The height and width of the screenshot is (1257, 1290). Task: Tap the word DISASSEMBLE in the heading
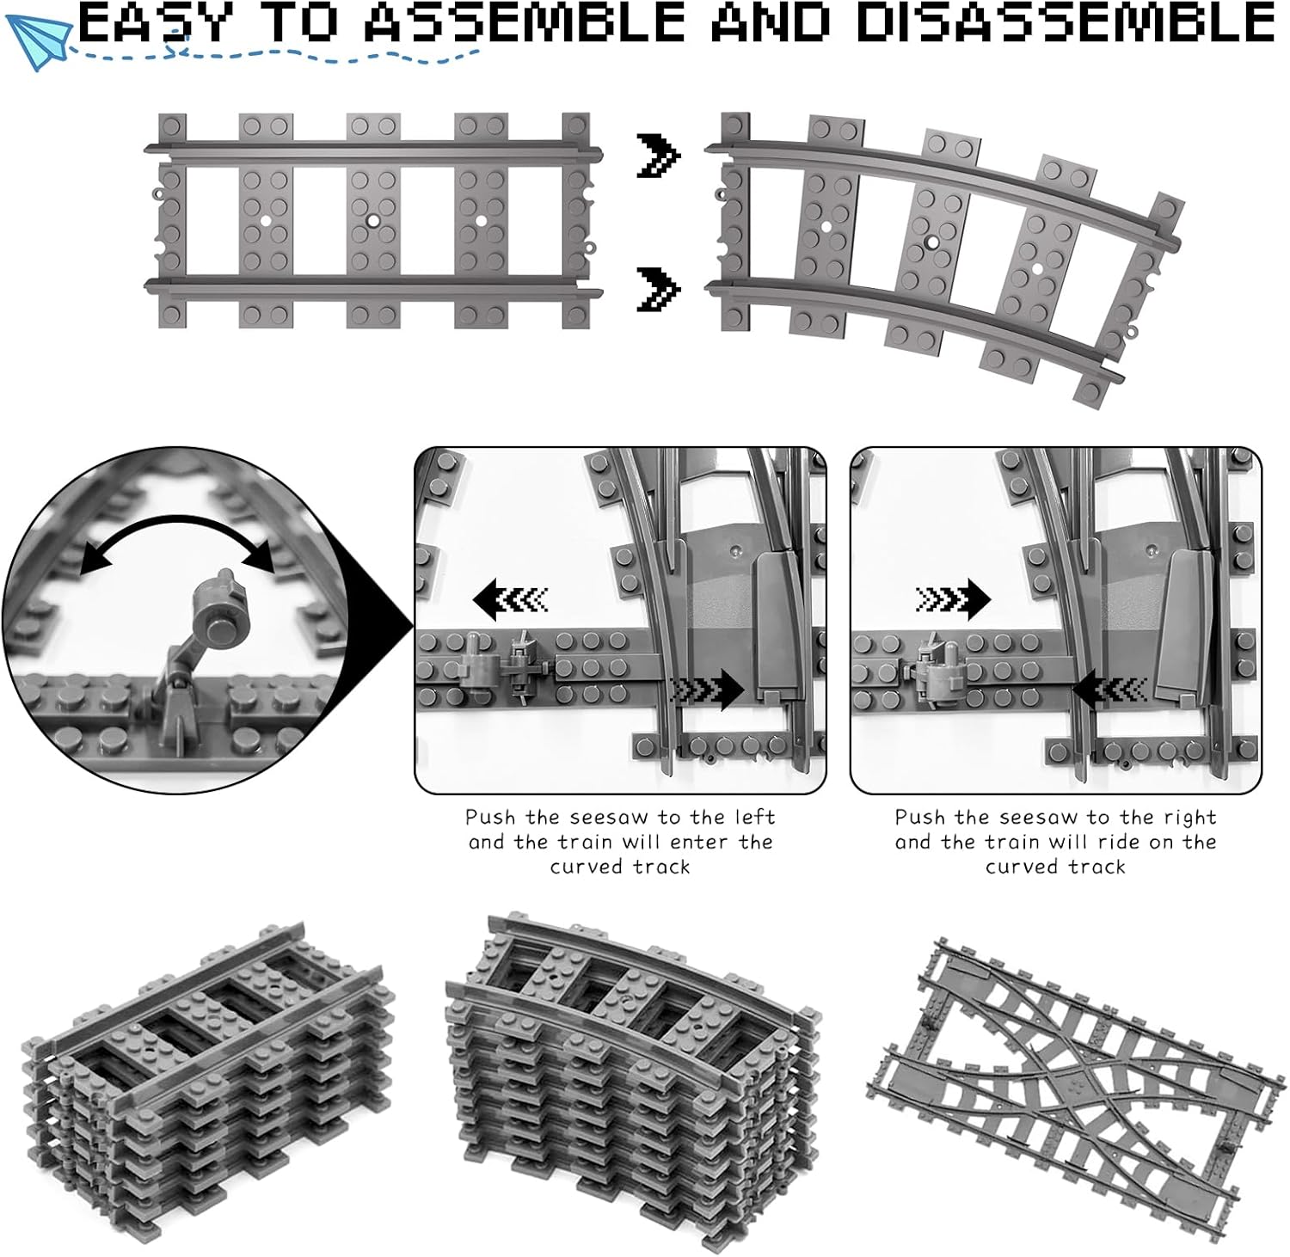point(1066,23)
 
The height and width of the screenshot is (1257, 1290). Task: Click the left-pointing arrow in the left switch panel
point(511,598)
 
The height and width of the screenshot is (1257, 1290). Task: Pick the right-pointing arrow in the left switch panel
point(706,690)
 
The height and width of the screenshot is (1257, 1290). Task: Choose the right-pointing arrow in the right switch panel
point(953,598)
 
